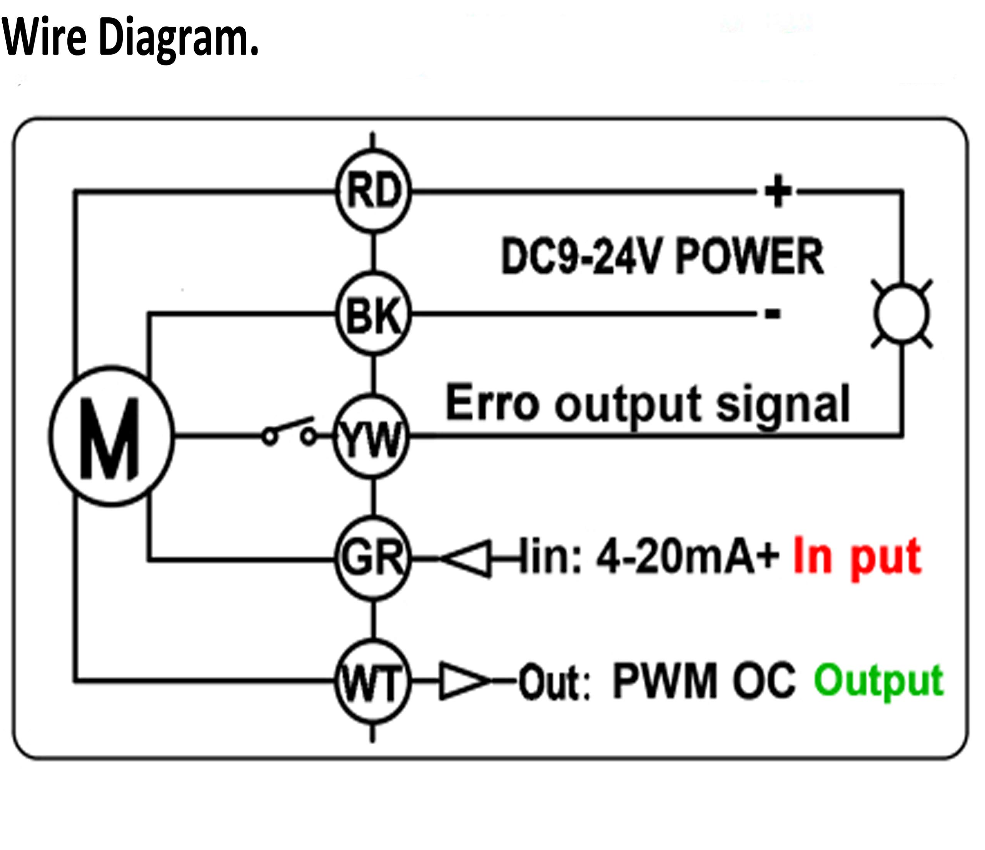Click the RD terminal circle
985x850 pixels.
374,191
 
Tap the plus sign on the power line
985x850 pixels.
778,191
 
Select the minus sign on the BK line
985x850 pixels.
773,313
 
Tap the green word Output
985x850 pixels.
878,681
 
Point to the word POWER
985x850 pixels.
749,257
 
